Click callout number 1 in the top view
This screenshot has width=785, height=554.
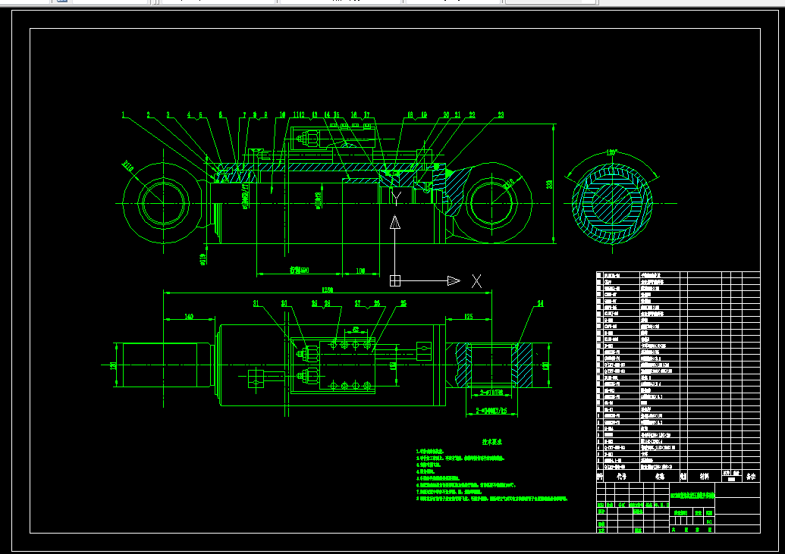122,115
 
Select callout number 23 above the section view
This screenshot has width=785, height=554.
501,115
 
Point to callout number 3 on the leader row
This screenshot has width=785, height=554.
168,115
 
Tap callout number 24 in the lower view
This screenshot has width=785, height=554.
540,304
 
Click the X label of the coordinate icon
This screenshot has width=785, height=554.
476,281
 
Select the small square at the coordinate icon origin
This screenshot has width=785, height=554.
395,280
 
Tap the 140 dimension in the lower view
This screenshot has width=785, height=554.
188,318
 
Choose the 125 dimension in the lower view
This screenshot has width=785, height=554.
469,317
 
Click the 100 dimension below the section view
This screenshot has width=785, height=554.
360,271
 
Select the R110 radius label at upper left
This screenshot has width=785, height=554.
127,165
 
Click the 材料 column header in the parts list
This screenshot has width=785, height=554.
705,477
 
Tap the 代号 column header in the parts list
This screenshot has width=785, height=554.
621,477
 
